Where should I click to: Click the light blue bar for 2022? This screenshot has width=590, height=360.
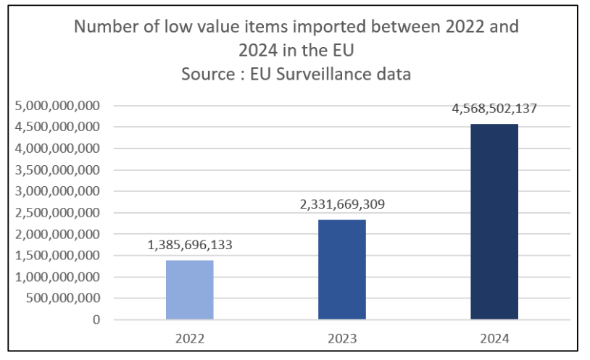pos(190,290)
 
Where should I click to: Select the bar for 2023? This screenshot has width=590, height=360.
pos(342,269)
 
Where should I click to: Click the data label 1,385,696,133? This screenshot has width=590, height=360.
pos(190,245)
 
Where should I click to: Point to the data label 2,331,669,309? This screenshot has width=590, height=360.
pos(342,204)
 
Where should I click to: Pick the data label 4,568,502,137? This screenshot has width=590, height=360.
pos(494,109)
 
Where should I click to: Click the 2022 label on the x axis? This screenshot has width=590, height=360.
pos(190,338)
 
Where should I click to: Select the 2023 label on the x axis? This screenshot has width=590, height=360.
pos(342,338)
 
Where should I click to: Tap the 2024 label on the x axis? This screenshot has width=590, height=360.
pos(494,338)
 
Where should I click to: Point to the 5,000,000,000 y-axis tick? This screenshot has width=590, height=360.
pos(57,106)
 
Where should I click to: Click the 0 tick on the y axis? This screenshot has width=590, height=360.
pos(96,319)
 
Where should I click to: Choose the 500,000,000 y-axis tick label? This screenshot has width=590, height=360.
pos(64,298)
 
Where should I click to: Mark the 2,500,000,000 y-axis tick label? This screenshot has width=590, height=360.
pos(57,213)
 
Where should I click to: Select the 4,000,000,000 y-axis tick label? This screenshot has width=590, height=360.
pos(57,148)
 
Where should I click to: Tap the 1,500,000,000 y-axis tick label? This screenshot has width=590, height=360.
pos(57,256)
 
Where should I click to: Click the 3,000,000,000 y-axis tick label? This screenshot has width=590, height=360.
pos(57,191)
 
